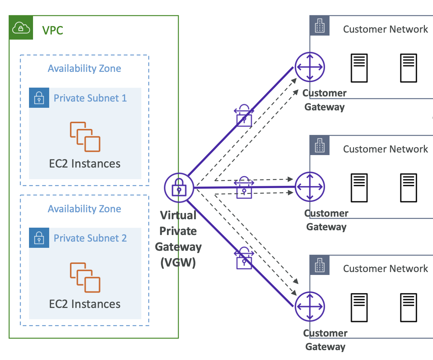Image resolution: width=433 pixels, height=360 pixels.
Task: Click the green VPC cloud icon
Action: (x=21, y=27)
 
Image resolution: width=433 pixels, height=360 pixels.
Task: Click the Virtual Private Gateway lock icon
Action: (x=179, y=188)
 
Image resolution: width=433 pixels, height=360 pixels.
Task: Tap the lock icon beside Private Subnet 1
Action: (x=39, y=98)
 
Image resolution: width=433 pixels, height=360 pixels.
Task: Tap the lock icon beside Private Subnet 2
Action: (x=39, y=238)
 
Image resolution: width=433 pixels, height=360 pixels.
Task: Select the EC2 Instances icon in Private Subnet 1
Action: (x=85, y=137)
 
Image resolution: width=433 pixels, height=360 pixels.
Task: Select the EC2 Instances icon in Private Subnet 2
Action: (x=85, y=277)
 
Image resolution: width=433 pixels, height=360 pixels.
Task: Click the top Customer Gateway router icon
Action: (x=310, y=67)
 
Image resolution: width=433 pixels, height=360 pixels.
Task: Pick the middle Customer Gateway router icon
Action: (x=310, y=187)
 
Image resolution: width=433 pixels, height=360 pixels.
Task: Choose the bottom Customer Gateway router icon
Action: (x=310, y=306)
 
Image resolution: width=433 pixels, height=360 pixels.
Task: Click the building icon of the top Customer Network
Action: (x=320, y=26)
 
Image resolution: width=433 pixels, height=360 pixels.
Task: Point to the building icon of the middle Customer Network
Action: (x=320, y=146)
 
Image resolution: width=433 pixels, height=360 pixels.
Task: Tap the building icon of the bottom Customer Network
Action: (x=320, y=265)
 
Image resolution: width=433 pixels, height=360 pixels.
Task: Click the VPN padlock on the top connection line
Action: (x=244, y=115)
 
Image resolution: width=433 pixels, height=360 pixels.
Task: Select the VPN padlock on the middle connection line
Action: (x=244, y=188)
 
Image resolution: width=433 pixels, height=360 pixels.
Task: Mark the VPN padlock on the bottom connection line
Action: (x=244, y=258)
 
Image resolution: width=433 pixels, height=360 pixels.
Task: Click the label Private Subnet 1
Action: (x=90, y=98)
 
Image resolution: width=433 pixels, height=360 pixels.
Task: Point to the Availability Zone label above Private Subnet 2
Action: (x=84, y=209)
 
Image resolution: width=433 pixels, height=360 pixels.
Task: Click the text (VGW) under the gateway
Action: (x=178, y=262)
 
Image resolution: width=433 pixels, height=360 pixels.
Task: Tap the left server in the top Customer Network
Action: (x=359, y=68)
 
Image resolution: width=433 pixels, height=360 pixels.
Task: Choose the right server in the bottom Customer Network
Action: (x=408, y=307)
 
